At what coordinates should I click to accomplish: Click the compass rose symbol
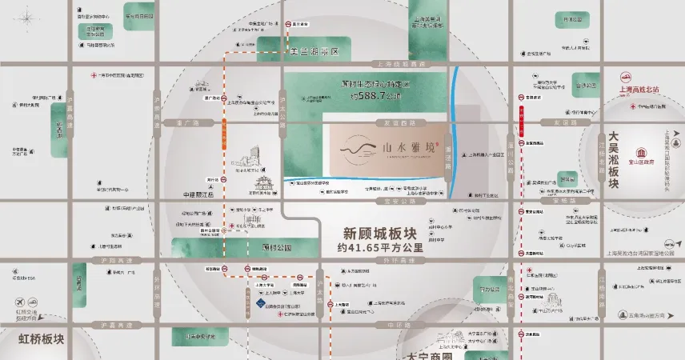point(28,17)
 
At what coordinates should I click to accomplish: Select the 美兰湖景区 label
point(313,51)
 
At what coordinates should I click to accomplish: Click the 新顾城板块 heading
point(378,234)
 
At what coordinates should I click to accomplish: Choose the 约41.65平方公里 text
point(378,248)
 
